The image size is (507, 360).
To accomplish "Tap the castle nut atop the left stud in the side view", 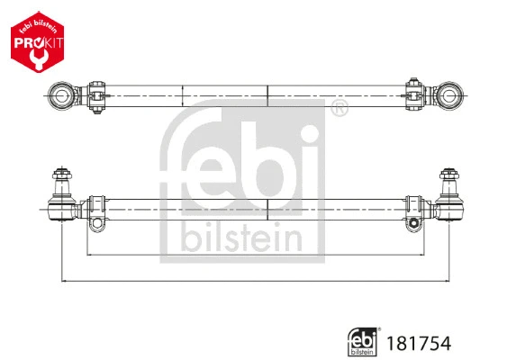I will (61, 175).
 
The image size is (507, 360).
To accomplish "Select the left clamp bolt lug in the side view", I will (96, 223).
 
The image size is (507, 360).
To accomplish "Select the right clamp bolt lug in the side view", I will (413, 223).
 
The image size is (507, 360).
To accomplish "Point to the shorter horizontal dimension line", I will (252, 256).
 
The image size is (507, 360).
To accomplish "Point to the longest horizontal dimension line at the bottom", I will (252, 282).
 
